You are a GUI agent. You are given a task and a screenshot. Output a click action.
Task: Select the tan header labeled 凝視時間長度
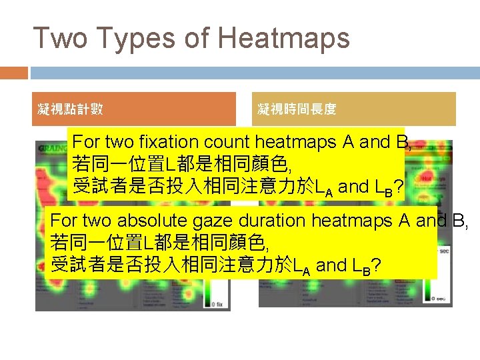[x=356, y=109]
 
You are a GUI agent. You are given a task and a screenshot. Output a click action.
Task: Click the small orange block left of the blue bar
[x=14, y=72]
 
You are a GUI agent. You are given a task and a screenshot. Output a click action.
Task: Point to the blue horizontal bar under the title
[x=254, y=72]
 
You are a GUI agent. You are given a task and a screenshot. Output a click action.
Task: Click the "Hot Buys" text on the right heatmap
[x=433, y=179]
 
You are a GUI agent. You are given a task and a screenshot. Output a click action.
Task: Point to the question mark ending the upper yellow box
[x=398, y=187]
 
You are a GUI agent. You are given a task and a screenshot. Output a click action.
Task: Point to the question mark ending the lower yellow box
[x=376, y=265]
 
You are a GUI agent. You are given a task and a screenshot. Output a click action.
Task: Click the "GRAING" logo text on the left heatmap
[x=53, y=147]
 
